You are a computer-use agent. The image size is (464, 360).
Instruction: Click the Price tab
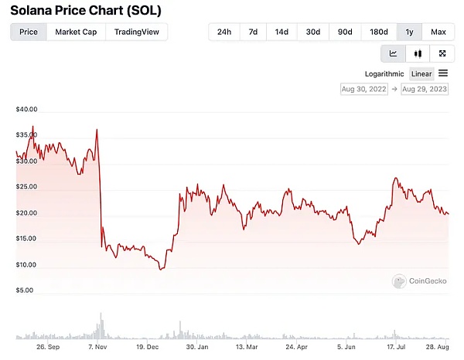pyautogui.click(x=29, y=32)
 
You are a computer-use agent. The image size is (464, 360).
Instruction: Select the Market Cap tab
pyautogui.click(x=76, y=32)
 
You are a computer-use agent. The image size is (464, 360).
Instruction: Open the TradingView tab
pyautogui.click(x=136, y=32)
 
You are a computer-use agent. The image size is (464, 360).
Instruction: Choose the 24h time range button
pyautogui.click(x=223, y=32)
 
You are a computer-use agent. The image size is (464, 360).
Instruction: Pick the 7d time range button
pyautogui.click(x=253, y=32)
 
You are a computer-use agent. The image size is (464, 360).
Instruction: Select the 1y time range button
pyautogui.click(x=409, y=32)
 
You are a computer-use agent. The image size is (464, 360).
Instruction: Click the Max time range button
pyautogui.click(x=438, y=32)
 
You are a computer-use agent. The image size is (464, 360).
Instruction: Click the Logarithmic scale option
pyautogui.click(x=384, y=74)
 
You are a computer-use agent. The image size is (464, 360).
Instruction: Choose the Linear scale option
pyautogui.click(x=421, y=74)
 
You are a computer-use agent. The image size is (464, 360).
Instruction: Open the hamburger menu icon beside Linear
pyautogui.click(x=443, y=73)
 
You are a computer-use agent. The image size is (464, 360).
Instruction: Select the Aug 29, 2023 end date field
pyautogui.click(x=424, y=89)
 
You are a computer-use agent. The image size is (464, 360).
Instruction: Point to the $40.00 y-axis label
pyautogui.click(x=26, y=110)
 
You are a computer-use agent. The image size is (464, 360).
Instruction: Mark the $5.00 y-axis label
pyautogui.click(x=25, y=290)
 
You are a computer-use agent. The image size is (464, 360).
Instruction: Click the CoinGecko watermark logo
pyautogui.click(x=422, y=282)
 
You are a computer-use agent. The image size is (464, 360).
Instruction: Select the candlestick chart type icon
pyautogui.click(x=418, y=53)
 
